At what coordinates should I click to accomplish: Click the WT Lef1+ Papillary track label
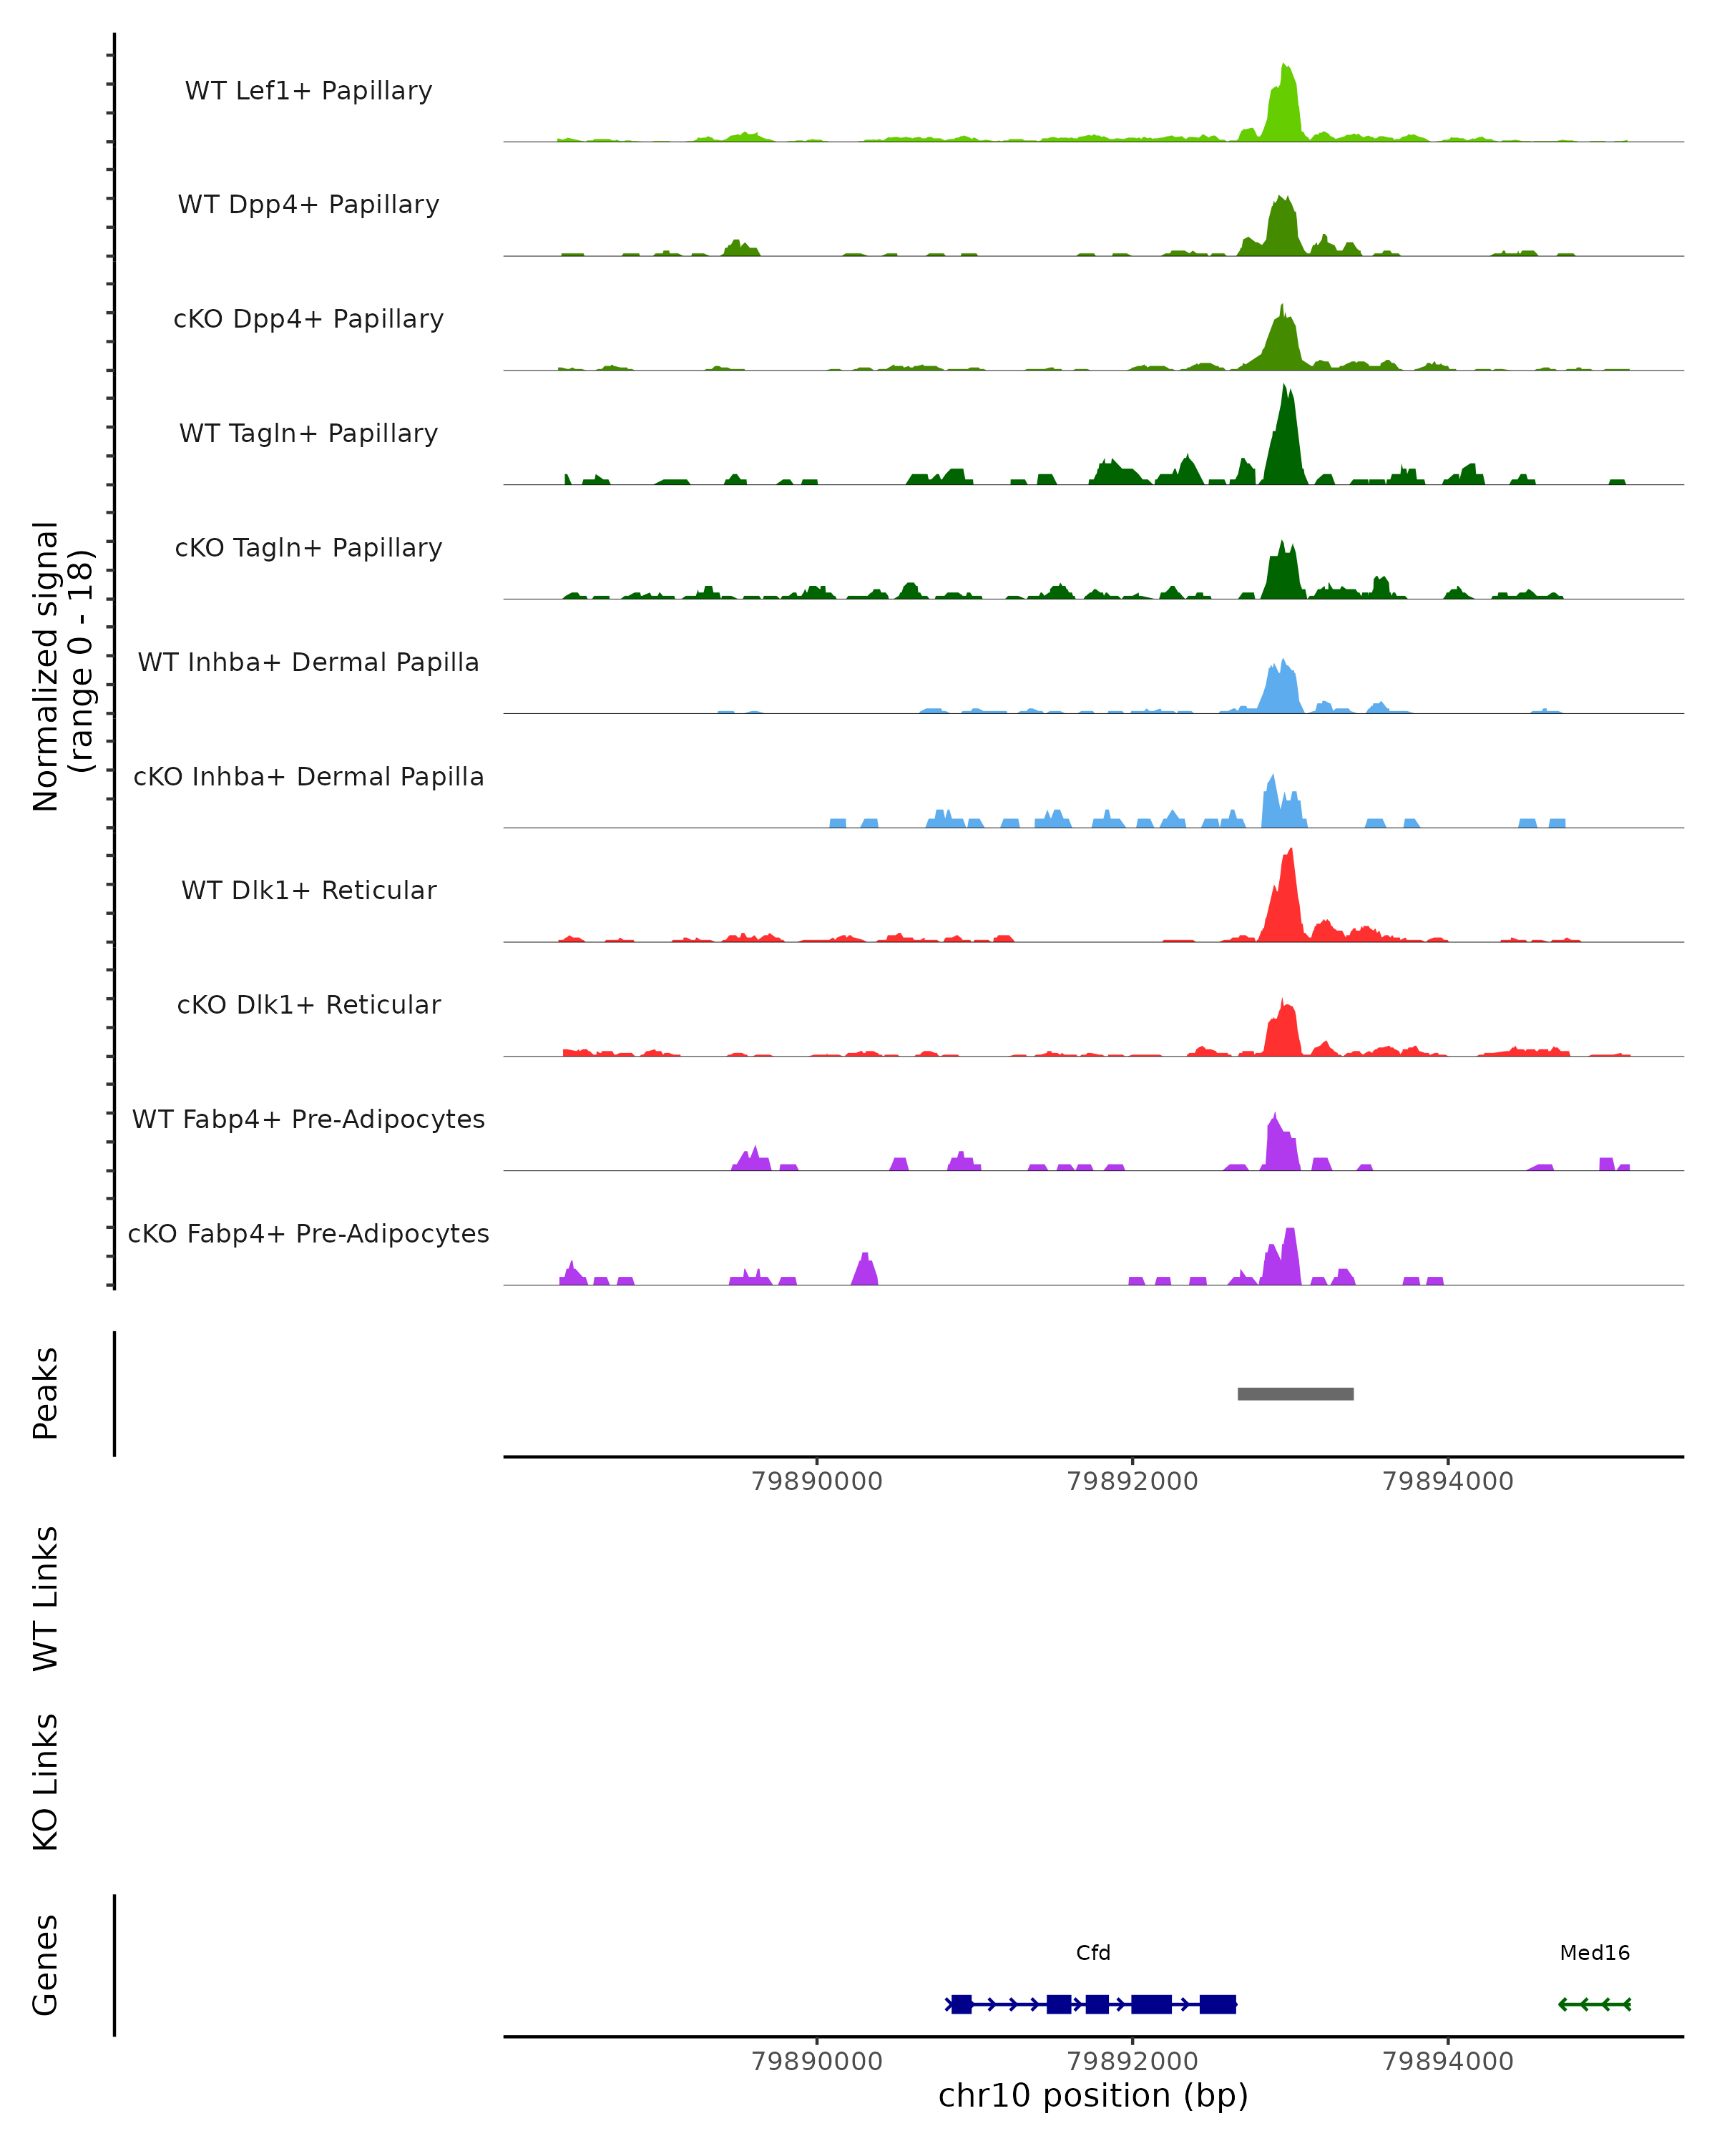coord(308,91)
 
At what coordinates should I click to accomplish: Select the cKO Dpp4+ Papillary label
coord(308,320)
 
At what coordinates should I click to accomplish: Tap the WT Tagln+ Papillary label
coord(308,434)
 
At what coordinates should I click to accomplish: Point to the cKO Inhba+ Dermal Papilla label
coord(308,778)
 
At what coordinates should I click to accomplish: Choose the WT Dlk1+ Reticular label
coord(308,891)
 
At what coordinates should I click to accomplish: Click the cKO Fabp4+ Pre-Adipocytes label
coord(308,1234)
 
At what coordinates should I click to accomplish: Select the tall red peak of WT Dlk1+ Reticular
coord(1288,896)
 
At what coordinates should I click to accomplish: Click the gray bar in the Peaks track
coord(1295,1393)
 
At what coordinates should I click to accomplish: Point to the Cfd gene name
coord(1093,1953)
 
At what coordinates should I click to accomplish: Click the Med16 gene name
coord(1595,1953)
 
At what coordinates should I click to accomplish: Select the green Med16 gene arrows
coord(1595,2004)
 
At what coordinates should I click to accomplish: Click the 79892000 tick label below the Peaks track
coord(1133,1481)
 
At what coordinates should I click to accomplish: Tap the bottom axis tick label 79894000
coord(1447,2062)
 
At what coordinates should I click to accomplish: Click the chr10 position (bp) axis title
coord(1093,2096)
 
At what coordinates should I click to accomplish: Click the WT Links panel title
coord(46,1597)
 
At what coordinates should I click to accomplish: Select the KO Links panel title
coord(46,1782)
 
